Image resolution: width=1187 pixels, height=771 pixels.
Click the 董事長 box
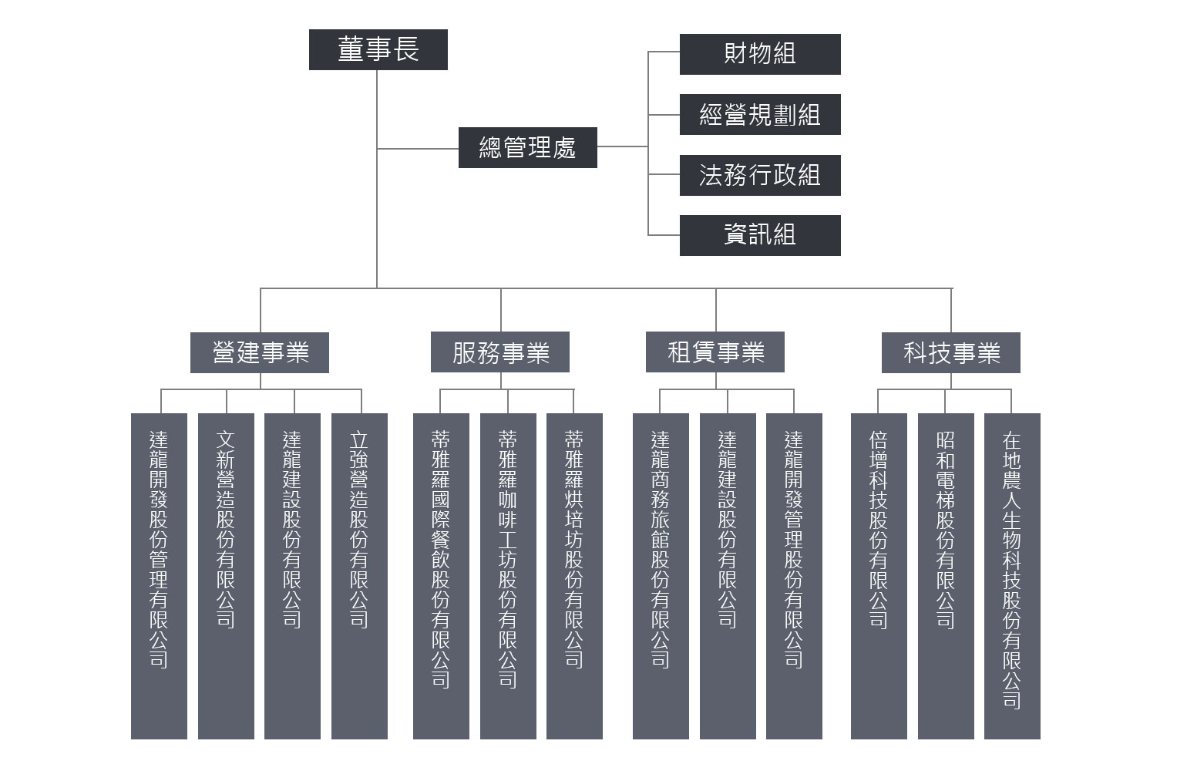coord(378,50)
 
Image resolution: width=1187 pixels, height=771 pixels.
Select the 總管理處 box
coord(527,147)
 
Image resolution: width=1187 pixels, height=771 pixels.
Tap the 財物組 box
coord(759,54)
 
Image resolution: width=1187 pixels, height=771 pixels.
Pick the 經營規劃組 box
coord(759,115)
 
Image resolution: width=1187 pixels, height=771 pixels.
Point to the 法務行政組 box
coord(759,175)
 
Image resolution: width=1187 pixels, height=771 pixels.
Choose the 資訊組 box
coord(759,235)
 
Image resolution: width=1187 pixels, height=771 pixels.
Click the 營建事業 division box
coord(260,353)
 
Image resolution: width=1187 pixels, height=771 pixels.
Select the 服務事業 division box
coord(500,353)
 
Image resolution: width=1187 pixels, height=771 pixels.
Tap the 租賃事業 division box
coord(715,353)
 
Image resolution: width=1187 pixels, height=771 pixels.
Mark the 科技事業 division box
coord(950,353)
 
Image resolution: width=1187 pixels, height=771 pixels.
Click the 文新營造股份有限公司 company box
coord(226,575)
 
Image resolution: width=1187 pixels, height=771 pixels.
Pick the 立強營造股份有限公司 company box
coord(359,575)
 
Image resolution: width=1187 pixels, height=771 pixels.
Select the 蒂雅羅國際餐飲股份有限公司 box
coord(441,575)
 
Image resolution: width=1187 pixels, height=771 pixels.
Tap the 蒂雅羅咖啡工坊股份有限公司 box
coord(508,575)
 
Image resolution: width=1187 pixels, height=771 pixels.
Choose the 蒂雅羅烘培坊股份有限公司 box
coord(574,575)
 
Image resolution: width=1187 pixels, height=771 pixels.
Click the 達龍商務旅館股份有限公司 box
coord(661,575)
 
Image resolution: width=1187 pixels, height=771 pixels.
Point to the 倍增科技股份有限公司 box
coord(879,575)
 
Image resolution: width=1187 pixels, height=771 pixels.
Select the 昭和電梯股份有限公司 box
coord(946,575)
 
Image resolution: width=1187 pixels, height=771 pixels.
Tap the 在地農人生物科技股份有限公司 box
coord(1012,575)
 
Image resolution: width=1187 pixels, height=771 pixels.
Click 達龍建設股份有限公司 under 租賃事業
coord(728,575)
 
